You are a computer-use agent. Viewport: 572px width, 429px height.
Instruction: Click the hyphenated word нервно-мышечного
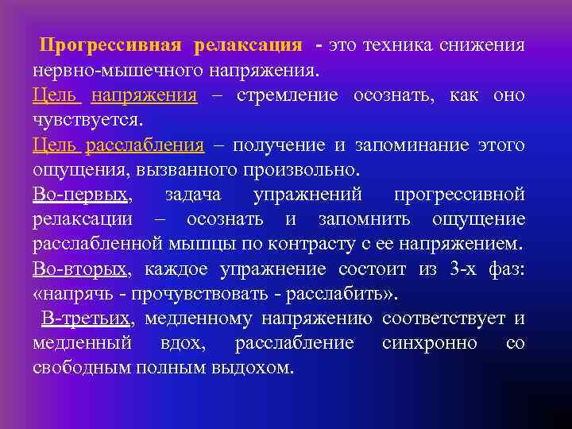(118, 70)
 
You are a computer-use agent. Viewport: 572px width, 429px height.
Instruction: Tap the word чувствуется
(88, 120)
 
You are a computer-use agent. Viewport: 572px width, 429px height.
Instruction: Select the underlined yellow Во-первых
(80, 195)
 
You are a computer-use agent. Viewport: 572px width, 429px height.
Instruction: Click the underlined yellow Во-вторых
(80, 269)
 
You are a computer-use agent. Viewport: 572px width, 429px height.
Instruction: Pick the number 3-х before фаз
(463, 269)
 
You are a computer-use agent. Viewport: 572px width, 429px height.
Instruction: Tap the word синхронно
(429, 343)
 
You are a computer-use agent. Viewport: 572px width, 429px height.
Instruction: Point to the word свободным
(83, 368)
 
